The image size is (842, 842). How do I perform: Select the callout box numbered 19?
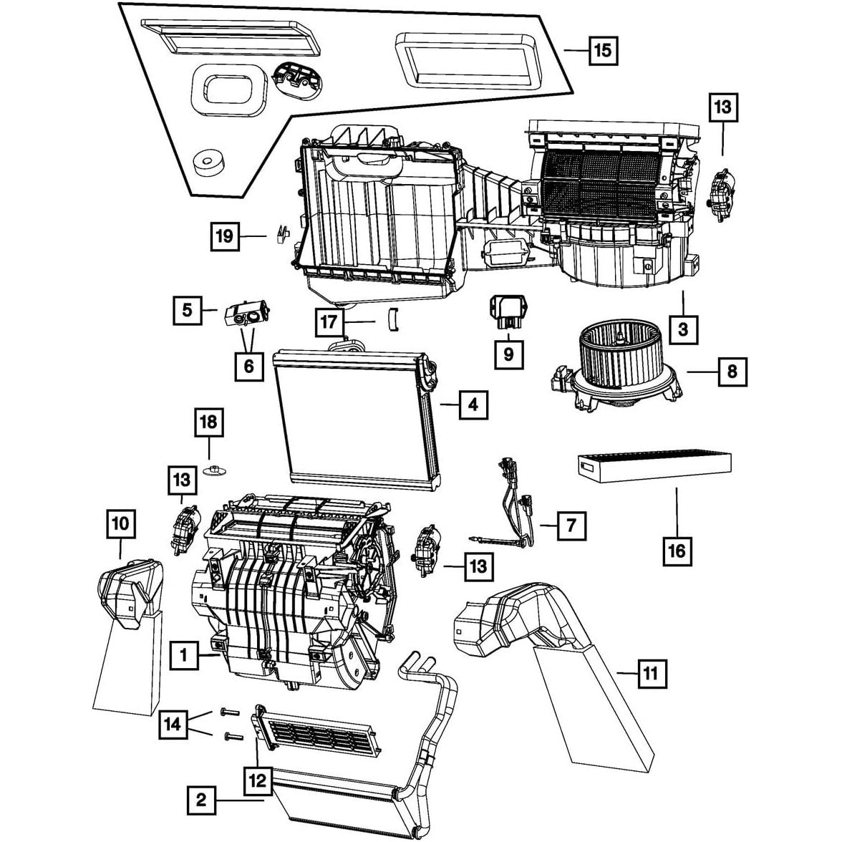click(x=225, y=236)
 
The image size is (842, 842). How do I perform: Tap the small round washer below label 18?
click(x=213, y=470)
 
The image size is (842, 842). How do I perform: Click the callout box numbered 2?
click(x=201, y=799)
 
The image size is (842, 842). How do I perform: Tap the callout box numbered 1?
click(x=184, y=654)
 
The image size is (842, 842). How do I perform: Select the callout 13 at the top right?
click(x=722, y=107)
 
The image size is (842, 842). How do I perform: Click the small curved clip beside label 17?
click(x=392, y=319)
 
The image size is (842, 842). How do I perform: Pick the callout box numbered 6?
click(x=248, y=366)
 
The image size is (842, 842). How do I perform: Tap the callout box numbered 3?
click(x=683, y=329)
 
